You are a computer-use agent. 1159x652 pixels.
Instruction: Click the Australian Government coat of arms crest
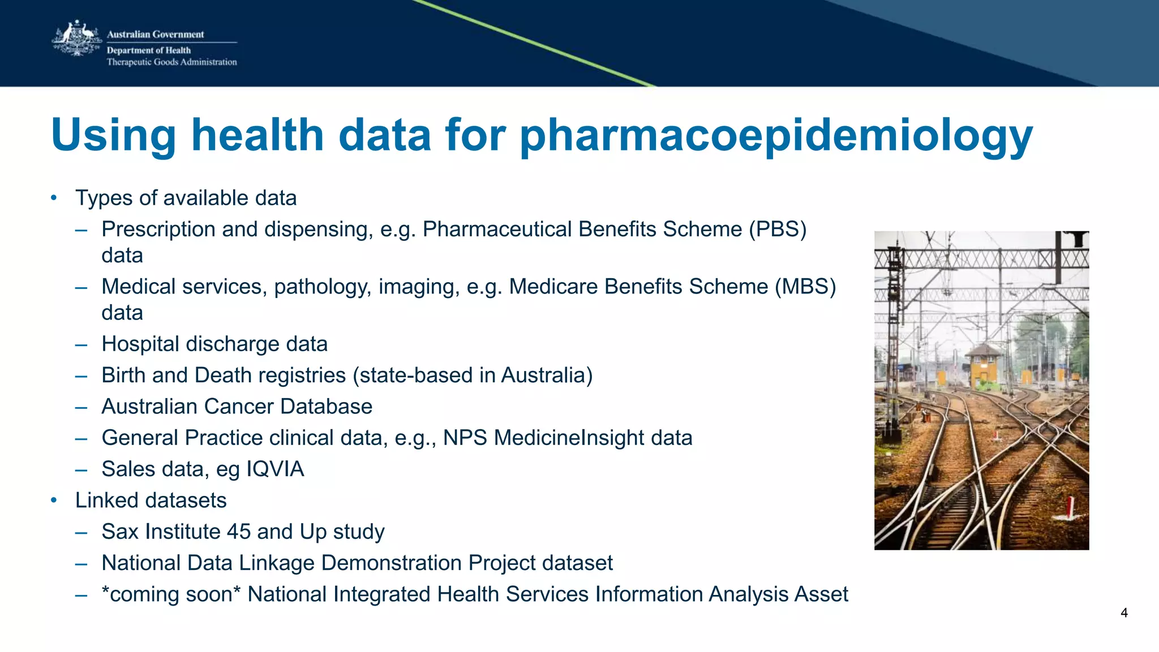[76, 38]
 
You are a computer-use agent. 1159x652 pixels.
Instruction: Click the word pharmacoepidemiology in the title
[776, 136]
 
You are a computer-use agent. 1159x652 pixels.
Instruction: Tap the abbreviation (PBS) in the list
[778, 230]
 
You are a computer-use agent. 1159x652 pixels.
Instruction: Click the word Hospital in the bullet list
[140, 344]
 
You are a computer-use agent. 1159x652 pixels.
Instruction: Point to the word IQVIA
[275, 469]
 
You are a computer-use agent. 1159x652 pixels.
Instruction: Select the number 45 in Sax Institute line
[238, 532]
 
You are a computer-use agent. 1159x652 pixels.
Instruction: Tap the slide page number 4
[1124, 613]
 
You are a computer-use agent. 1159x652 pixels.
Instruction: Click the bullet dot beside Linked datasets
[54, 500]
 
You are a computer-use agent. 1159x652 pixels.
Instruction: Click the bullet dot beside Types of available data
[54, 198]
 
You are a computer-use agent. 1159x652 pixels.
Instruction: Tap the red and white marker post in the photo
[1070, 508]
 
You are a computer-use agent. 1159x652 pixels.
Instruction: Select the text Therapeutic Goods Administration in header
[171, 62]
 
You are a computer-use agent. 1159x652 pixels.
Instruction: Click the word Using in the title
[114, 136]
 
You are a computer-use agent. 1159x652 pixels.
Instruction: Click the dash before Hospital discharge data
[81, 344]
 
